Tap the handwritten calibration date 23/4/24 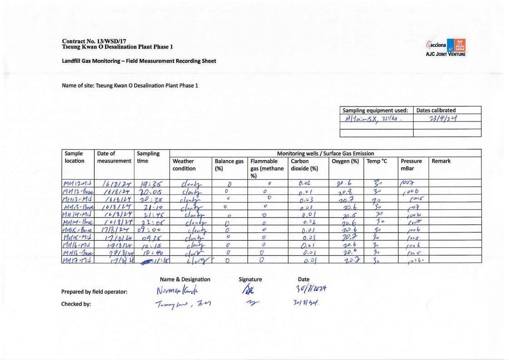(x=447, y=118)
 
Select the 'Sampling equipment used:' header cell (x=376, y=110)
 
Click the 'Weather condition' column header (x=183, y=165)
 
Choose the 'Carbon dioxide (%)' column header (x=304, y=165)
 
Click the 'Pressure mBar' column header (x=411, y=165)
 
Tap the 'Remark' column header (x=441, y=161)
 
